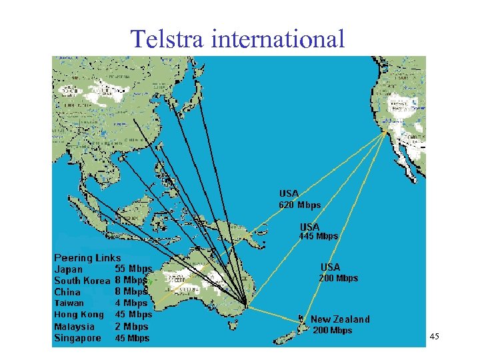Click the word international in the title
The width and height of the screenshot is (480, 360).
tap(278, 39)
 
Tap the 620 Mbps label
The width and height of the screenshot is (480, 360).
tap(299, 205)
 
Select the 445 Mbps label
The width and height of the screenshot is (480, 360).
tap(318, 236)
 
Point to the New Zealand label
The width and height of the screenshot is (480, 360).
tap(340, 319)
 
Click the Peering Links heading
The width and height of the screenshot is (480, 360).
tap(87, 257)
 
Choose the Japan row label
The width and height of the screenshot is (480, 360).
tap(69, 269)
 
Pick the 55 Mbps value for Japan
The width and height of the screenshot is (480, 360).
tap(133, 269)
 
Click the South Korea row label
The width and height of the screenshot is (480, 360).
tap(81, 281)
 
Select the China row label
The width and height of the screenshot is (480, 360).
tap(67, 292)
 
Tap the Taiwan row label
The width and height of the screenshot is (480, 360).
tap(69, 303)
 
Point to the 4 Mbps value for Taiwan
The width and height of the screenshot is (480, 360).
tap(131, 303)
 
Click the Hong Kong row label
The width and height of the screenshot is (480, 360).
tap(79, 314)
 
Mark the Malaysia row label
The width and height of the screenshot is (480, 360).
tap(74, 327)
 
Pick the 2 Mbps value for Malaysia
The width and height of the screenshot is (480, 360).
tap(131, 327)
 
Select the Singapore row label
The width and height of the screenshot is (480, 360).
tap(77, 338)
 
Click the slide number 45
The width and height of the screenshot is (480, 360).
tap(434, 338)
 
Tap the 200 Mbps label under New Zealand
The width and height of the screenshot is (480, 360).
tap(332, 331)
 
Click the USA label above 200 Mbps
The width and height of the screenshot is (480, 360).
tap(330, 267)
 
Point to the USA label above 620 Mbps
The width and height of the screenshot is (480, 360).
tap(289, 194)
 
